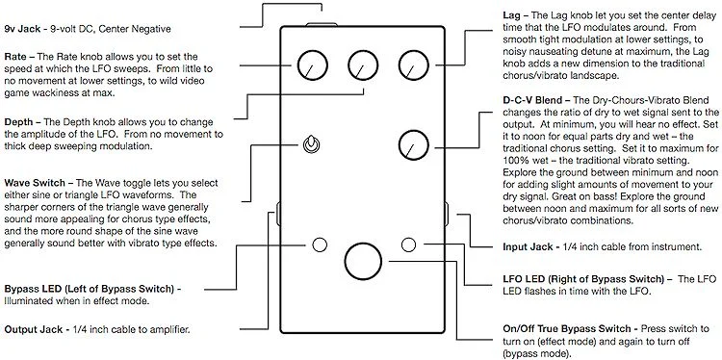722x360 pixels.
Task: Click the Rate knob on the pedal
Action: (313, 65)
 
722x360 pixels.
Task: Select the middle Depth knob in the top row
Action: (363, 65)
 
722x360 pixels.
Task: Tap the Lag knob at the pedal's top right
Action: (414, 65)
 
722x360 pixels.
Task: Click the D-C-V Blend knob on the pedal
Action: (414, 145)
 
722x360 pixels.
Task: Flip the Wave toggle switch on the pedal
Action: (312, 145)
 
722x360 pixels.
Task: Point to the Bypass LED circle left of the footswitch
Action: (320, 244)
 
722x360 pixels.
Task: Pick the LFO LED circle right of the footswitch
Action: (408, 244)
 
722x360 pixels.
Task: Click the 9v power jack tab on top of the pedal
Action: (322, 24)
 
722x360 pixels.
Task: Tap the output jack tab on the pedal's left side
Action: (278, 213)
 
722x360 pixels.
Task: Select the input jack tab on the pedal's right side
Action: (447, 213)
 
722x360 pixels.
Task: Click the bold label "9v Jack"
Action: (22, 29)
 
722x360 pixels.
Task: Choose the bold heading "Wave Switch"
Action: (36, 183)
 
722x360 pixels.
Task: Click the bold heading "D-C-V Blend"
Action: (532, 100)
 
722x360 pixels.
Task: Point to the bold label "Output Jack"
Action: (33, 329)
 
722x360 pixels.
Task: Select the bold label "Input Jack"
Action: (528, 247)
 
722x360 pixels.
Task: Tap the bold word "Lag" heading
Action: (512, 16)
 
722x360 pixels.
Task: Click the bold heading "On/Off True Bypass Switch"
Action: (567, 329)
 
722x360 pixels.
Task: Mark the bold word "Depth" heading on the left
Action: (18, 122)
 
